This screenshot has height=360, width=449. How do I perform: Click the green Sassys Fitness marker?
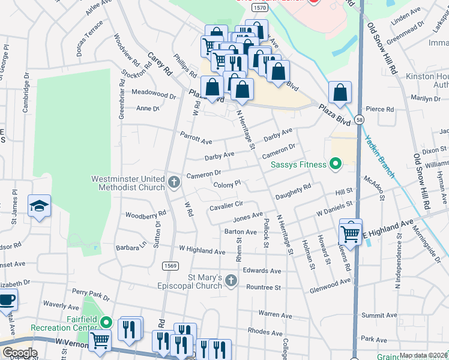point(336,164)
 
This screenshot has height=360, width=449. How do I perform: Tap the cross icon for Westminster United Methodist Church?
point(174,182)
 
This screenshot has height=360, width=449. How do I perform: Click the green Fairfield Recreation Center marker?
point(106,323)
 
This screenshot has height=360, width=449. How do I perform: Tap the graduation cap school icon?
point(39,206)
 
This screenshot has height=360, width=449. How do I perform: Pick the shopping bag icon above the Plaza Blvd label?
point(340,93)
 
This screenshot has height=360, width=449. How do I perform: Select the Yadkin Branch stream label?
point(380,155)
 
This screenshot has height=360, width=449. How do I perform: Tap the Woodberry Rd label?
point(145,214)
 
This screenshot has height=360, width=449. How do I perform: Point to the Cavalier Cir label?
point(226,205)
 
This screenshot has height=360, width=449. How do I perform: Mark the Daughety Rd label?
point(293,191)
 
